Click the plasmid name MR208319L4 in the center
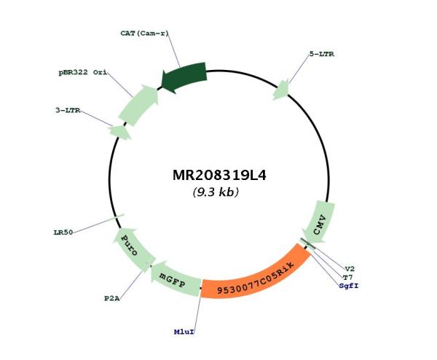(x=219, y=176)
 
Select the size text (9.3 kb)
(x=216, y=192)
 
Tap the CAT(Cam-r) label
(x=145, y=34)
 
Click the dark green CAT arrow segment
(x=184, y=76)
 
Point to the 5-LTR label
(x=322, y=54)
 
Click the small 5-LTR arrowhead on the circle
(x=281, y=90)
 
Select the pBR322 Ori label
(x=83, y=72)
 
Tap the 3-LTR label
(x=68, y=111)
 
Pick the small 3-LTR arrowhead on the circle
(x=120, y=132)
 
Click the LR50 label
(x=63, y=232)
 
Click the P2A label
(x=112, y=299)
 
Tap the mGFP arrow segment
(x=174, y=280)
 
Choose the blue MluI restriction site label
(x=184, y=332)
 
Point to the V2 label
(x=350, y=269)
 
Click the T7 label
(x=347, y=278)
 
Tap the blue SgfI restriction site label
(x=349, y=286)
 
